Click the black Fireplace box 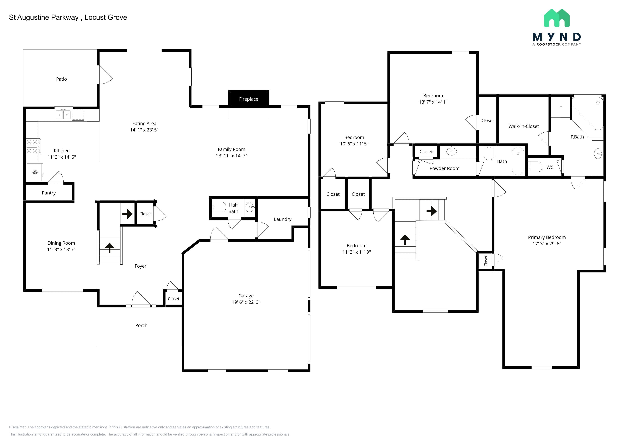point(249,98)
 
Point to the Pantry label point(49,193)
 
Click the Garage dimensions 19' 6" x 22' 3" point(246,302)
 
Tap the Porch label point(141,325)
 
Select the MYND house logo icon point(557,18)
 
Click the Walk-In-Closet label point(523,126)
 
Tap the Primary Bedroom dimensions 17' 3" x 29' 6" point(547,244)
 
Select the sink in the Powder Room point(452,151)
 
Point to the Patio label point(62,79)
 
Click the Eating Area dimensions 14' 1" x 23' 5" point(144,130)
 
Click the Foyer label point(141,266)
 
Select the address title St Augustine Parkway point(44,17)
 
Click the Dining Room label point(61,243)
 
